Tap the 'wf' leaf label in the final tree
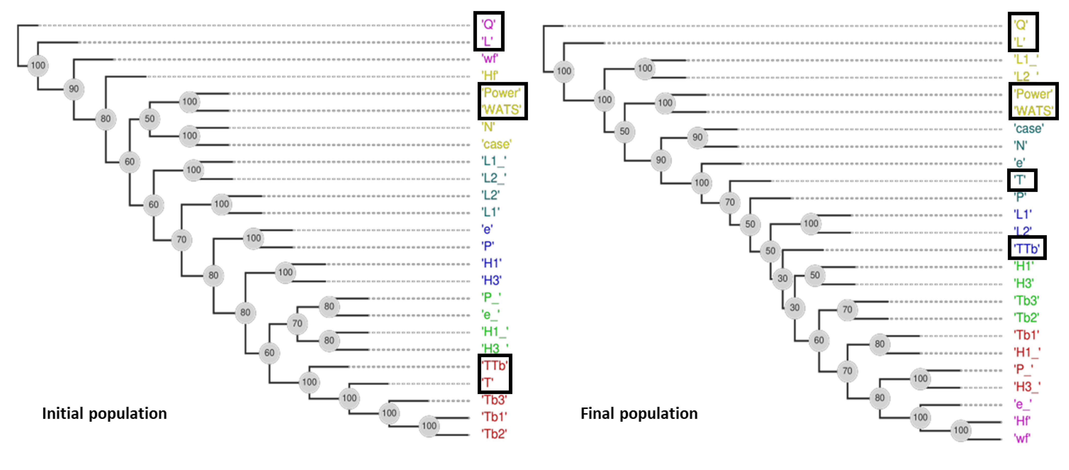tap(1022, 438)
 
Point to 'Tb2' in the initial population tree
tap(494, 434)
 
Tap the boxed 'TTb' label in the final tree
tap(1027, 249)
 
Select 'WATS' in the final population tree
tap(1034, 111)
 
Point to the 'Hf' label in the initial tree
tap(490, 76)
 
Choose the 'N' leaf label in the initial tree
tap(488, 127)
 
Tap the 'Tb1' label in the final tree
tap(1027, 335)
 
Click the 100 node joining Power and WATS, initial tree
tap(190, 102)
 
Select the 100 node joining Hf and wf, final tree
tap(961, 430)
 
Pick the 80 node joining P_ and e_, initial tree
tap(329, 306)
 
